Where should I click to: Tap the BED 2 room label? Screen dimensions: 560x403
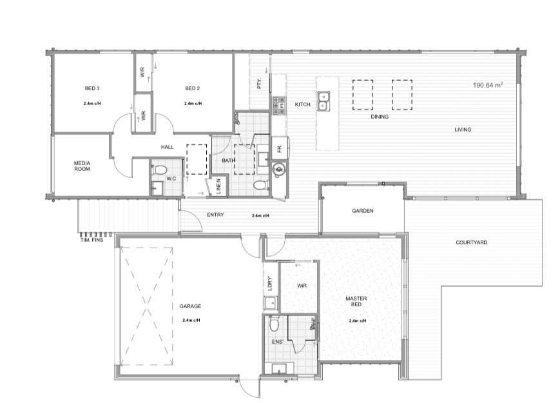click(193, 88)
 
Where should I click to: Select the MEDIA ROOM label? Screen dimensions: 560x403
click(82, 166)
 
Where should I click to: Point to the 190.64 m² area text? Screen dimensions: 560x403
click(488, 85)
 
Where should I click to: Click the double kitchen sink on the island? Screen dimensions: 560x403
click(323, 101)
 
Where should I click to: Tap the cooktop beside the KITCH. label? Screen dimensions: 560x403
click(278, 106)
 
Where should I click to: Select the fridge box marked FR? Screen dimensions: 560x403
click(280, 148)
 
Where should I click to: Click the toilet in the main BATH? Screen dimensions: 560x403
click(261, 185)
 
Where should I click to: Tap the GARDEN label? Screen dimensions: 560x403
click(363, 211)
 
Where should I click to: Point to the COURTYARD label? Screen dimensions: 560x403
click(472, 242)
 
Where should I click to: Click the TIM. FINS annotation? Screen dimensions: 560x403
click(92, 240)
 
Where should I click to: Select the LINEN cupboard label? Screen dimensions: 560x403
click(219, 186)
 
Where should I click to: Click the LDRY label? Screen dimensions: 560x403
click(270, 283)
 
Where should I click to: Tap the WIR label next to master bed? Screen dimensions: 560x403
click(302, 286)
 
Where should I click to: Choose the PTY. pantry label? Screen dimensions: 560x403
click(259, 84)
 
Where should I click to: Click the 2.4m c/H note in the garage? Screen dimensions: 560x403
click(191, 320)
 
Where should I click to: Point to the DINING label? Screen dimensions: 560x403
click(380, 117)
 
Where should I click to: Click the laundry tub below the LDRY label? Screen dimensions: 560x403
click(271, 303)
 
